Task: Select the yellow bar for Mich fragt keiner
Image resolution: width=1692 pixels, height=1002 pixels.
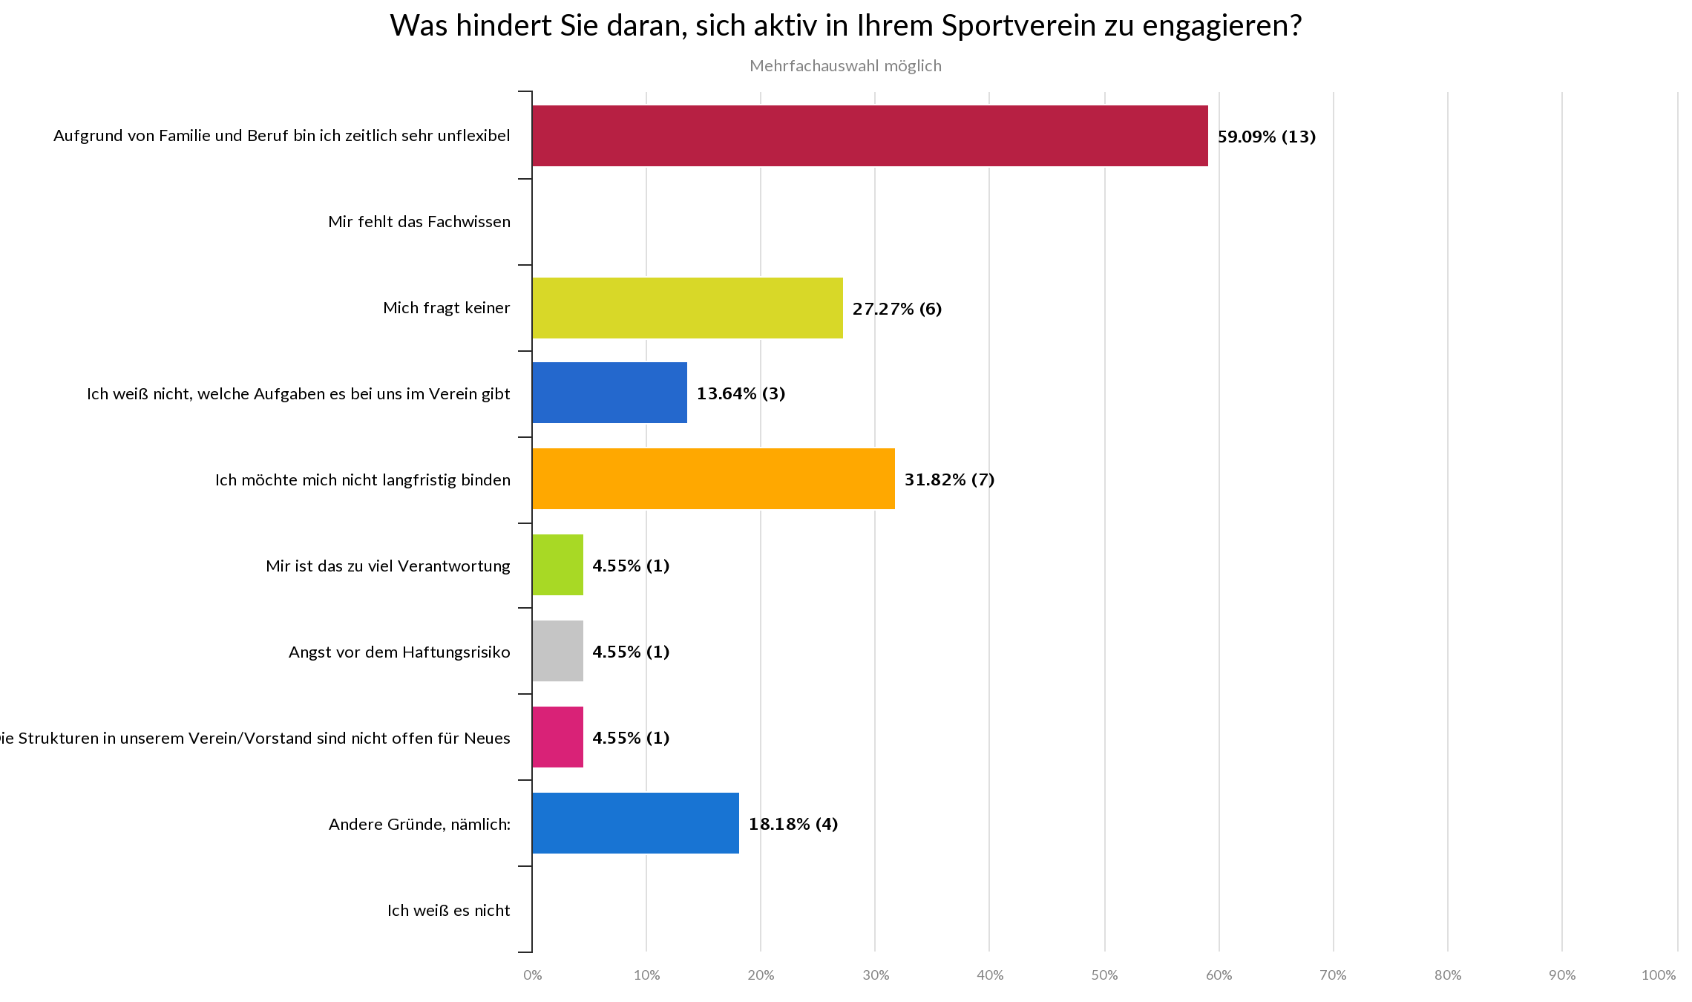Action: pos(687,308)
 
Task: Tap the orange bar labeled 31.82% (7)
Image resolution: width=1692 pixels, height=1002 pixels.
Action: pos(713,479)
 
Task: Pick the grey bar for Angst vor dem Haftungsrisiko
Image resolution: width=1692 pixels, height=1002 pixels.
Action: pos(557,651)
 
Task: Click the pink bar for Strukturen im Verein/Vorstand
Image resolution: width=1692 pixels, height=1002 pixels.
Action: pos(557,737)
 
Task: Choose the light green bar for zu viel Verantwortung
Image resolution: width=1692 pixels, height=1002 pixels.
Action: pos(557,565)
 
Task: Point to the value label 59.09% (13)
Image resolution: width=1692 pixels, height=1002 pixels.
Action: pos(1267,137)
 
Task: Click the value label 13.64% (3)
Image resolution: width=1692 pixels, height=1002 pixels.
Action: pos(741,393)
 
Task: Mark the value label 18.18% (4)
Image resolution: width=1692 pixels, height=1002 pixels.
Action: pos(793,824)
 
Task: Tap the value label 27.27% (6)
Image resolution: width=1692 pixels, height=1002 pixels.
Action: pos(897,309)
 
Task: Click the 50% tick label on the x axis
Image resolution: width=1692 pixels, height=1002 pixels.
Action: pos(1104,975)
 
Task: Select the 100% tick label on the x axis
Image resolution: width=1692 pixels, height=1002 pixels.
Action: pos(1659,975)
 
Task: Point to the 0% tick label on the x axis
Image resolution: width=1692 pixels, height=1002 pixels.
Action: pos(532,975)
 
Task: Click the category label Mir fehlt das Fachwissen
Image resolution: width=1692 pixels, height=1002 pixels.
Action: pos(419,222)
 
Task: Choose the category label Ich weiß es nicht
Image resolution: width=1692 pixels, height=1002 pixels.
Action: pos(448,911)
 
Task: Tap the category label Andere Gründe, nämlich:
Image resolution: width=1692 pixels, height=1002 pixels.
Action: pos(419,825)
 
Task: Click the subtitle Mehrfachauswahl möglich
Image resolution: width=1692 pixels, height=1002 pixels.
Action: pos(845,66)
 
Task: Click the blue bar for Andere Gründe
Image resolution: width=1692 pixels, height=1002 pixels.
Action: pos(635,823)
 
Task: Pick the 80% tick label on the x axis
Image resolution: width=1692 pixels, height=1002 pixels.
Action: pos(1447,975)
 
